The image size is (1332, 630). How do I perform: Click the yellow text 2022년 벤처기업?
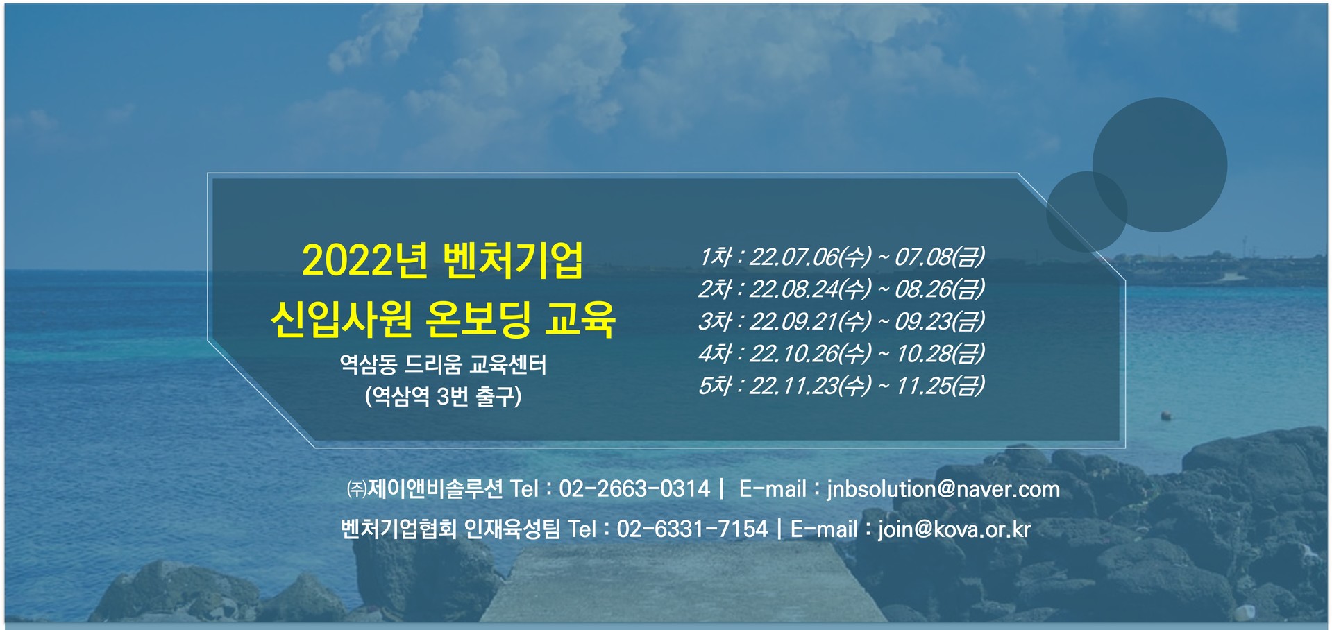(x=443, y=261)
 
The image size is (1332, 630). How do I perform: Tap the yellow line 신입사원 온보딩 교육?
(x=443, y=319)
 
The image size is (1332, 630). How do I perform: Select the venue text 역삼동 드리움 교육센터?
(x=443, y=364)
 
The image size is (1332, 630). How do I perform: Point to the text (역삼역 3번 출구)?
(x=443, y=396)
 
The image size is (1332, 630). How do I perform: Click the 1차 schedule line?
(x=841, y=257)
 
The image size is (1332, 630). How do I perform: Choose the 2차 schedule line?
(x=841, y=289)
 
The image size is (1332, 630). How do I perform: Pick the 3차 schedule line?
(x=841, y=321)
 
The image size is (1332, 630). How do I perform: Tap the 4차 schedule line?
(x=841, y=354)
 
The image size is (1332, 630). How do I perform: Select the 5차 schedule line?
(x=841, y=386)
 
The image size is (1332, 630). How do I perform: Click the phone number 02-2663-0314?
(x=634, y=488)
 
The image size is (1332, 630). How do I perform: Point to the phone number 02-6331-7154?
(x=693, y=529)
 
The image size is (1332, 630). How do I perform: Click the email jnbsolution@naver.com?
(x=943, y=489)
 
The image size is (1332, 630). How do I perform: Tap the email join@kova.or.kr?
(x=954, y=529)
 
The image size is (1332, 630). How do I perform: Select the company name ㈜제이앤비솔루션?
(x=425, y=488)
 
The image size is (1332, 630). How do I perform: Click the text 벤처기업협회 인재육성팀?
(x=450, y=529)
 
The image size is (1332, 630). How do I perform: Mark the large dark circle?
(x=1160, y=164)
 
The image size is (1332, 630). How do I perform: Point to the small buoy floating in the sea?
(x=1166, y=416)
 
